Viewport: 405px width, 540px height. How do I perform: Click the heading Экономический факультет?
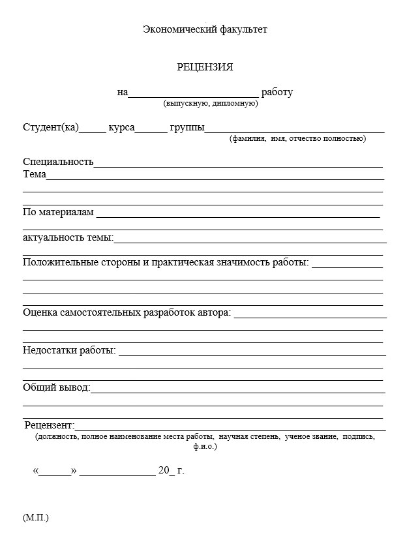tap(205, 29)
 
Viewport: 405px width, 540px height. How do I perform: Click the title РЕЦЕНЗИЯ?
tap(205, 67)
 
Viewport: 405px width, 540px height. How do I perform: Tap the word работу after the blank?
tap(277, 92)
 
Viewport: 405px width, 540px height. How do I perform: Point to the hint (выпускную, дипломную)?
tap(211, 103)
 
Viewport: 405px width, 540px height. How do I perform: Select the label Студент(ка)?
tap(50, 127)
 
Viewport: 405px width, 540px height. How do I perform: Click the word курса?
tap(121, 127)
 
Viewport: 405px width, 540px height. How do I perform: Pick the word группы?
tap(187, 127)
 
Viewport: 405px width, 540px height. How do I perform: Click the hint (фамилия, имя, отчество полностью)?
tap(297, 138)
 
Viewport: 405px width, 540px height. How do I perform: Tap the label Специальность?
tap(58, 162)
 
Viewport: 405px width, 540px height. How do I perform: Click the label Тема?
tap(34, 174)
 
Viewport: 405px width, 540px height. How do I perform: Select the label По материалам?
tap(58, 212)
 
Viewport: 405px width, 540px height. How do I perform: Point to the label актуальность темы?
tap(68, 237)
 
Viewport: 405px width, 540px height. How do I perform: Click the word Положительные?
tap(55, 263)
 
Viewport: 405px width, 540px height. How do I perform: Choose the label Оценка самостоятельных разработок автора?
tap(127, 313)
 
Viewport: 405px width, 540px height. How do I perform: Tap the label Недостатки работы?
tap(69, 351)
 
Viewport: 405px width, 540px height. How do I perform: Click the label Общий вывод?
tap(57, 388)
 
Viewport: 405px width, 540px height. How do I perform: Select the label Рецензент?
tap(50, 425)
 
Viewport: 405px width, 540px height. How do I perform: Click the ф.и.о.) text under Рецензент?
tap(205, 447)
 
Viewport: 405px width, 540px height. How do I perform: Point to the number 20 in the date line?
tap(164, 470)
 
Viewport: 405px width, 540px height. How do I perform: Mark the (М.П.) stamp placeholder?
tap(36, 518)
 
